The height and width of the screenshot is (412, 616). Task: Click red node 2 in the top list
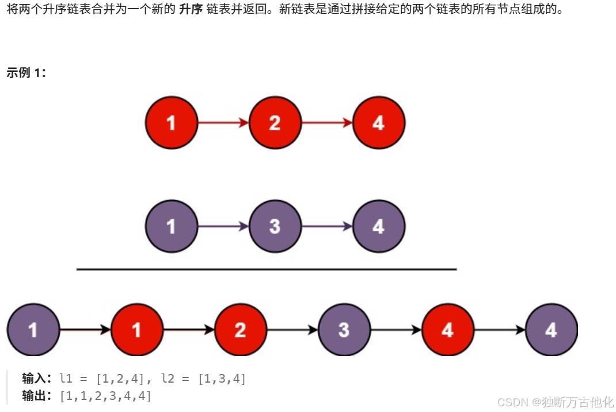275,123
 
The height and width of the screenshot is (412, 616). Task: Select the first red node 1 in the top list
171,123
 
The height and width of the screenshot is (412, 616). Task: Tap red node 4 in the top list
378,123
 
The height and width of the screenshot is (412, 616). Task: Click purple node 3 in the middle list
275,226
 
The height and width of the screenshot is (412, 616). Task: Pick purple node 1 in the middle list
171,226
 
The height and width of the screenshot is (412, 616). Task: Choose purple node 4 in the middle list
378,226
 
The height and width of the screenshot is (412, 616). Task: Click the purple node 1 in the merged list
33,330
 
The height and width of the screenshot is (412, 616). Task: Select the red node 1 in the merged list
136,330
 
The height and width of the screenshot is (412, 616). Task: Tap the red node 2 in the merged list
240,330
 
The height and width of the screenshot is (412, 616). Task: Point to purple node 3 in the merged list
344,330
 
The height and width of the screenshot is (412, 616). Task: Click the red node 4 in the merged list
447,330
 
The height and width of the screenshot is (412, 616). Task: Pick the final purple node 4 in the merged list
551,330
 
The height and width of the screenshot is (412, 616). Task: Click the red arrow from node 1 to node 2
223,123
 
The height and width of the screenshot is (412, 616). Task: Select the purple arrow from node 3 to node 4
326,226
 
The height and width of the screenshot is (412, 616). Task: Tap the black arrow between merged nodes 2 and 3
292,330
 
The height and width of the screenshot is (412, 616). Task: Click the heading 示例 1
26,73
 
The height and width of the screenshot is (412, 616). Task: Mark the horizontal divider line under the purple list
266,269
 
